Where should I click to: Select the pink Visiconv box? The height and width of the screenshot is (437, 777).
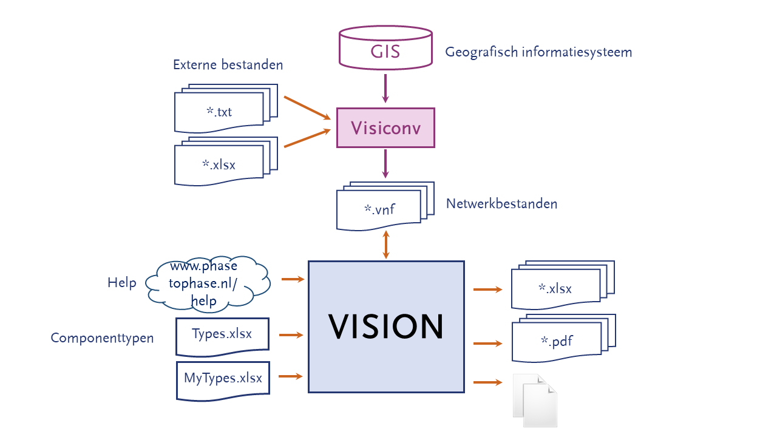click(385, 127)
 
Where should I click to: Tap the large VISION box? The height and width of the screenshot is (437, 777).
click(386, 327)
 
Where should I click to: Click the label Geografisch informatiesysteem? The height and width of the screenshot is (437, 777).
click(538, 52)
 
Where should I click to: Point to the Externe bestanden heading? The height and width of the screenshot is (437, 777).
click(228, 65)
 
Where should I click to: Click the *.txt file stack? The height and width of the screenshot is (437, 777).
click(222, 111)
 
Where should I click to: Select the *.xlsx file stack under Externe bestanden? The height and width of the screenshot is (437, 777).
click(222, 163)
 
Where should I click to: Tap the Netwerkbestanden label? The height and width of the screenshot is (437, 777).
click(501, 204)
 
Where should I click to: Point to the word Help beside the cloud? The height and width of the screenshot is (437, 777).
click(122, 283)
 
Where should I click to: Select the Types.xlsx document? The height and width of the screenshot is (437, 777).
click(222, 335)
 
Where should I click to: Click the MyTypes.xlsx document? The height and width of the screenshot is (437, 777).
click(223, 379)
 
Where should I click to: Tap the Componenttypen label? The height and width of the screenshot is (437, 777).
click(102, 338)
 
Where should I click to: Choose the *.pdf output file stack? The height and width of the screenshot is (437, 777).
click(558, 341)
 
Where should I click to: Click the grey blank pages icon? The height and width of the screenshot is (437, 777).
click(535, 401)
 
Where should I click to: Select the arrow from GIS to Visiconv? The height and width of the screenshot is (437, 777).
click(385, 88)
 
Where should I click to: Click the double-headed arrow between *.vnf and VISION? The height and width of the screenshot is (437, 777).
click(385, 245)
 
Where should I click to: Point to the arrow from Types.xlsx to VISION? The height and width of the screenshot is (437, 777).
click(291, 334)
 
